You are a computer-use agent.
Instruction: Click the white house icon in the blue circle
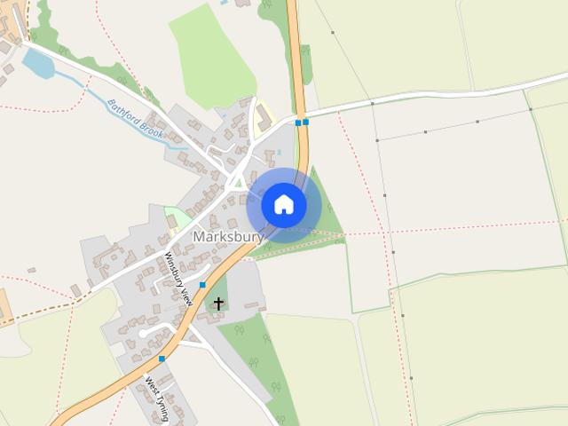click(x=284, y=205)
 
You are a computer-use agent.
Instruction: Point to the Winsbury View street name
click(x=178, y=279)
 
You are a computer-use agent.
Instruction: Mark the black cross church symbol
click(x=218, y=304)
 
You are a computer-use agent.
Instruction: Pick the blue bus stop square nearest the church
click(x=202, y=284)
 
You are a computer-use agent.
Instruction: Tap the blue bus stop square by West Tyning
click(x=162, y=359)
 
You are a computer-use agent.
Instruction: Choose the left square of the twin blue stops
click(x=298, y=122)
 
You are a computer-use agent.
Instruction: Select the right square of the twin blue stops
click(x=305, y=122)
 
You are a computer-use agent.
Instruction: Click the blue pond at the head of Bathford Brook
click(x=38, y=64)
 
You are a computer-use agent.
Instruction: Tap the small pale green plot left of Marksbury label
click(x=178, y=218)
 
